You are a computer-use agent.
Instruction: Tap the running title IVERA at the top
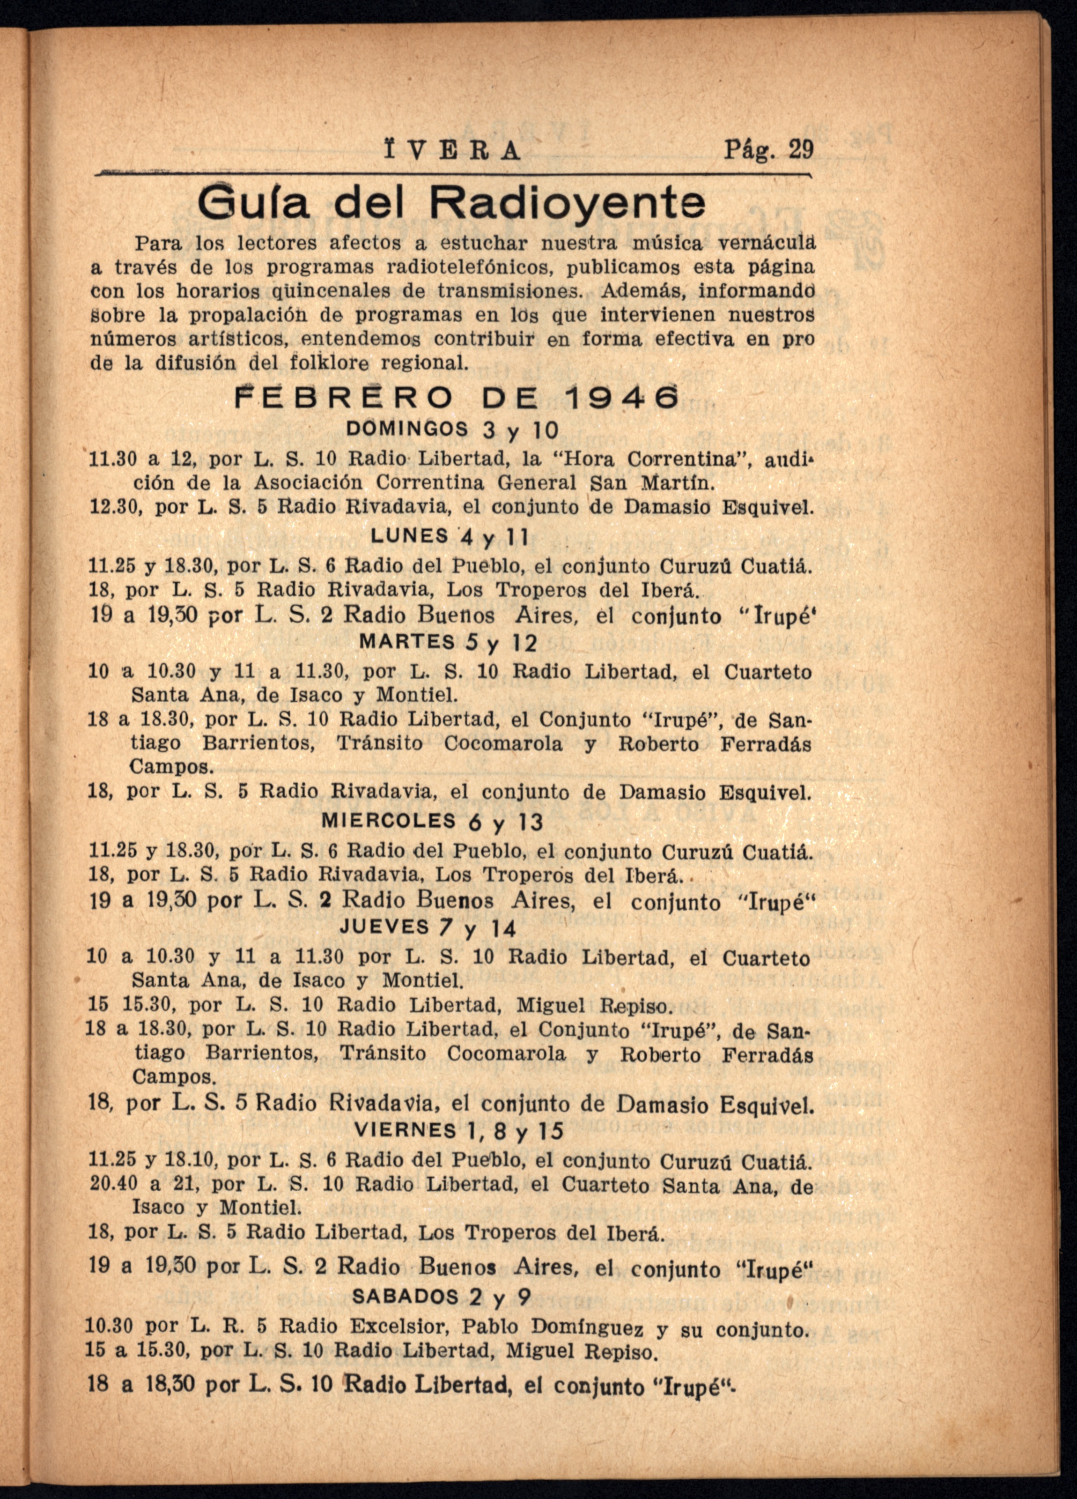pyautogui.click(x=452, y=151)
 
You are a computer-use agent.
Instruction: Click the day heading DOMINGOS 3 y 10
pyautogui.click(x=453, y=430)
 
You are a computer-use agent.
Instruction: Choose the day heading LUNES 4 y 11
pyautogui.click(x=450, y=537)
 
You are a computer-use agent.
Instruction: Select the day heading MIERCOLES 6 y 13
pyautogui.click(x=432, y=822)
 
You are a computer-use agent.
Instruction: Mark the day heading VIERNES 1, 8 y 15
pyautogui.click(x=458, y=1131)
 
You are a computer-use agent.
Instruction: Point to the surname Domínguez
pyautogui.click(x=587, y=1327)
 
